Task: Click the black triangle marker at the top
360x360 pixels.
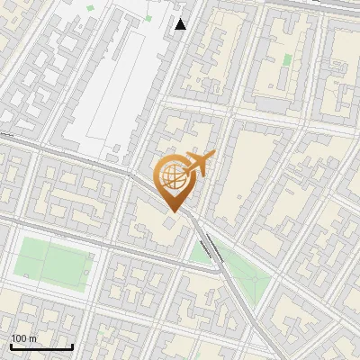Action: tap(181, 24)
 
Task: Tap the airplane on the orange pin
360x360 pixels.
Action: tap(198, 163)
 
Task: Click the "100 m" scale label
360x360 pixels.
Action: tap(23, 338)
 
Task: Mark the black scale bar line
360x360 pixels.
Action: tap(41, 346)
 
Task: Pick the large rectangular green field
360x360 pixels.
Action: tap(54, 264)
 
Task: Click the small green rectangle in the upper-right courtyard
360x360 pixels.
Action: tap(287, 60)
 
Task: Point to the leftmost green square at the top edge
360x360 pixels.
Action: tap(91, 8)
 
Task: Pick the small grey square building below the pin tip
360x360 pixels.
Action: tap(170, 221)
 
